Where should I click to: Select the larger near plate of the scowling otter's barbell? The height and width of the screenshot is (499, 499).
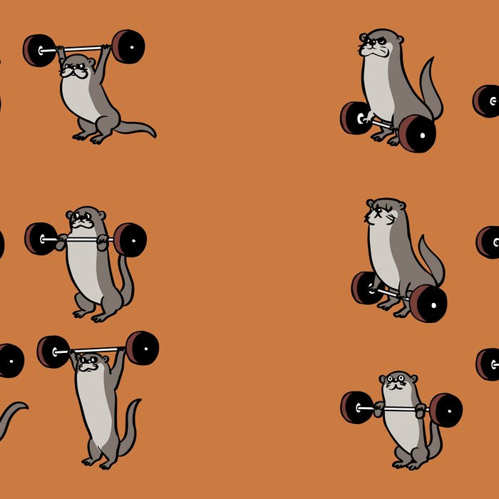tap(417, 133)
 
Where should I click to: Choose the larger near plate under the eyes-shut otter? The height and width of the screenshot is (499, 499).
tap(428, 303)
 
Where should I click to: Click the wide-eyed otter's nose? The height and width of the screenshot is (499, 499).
tap(398, 385)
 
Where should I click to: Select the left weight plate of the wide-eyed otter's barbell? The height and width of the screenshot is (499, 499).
tap(356, 408)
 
